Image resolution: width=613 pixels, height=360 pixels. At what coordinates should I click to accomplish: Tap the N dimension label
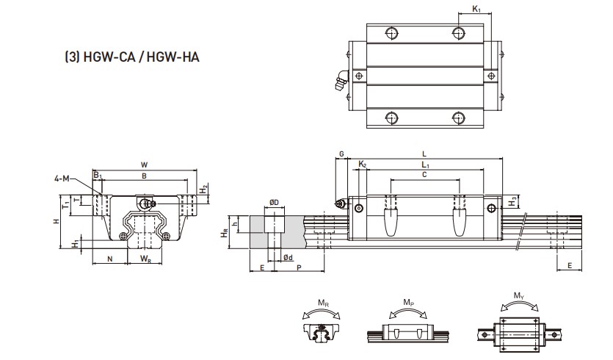coord(110,259)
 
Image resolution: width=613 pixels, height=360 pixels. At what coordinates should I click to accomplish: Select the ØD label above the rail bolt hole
coord(273,202)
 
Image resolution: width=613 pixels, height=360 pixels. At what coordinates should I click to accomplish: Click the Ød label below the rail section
coord(289,257)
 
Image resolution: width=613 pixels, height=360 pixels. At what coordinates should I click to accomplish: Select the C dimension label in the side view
coord(424,175)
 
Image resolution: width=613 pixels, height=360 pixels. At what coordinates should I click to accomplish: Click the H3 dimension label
coord(515,199)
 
